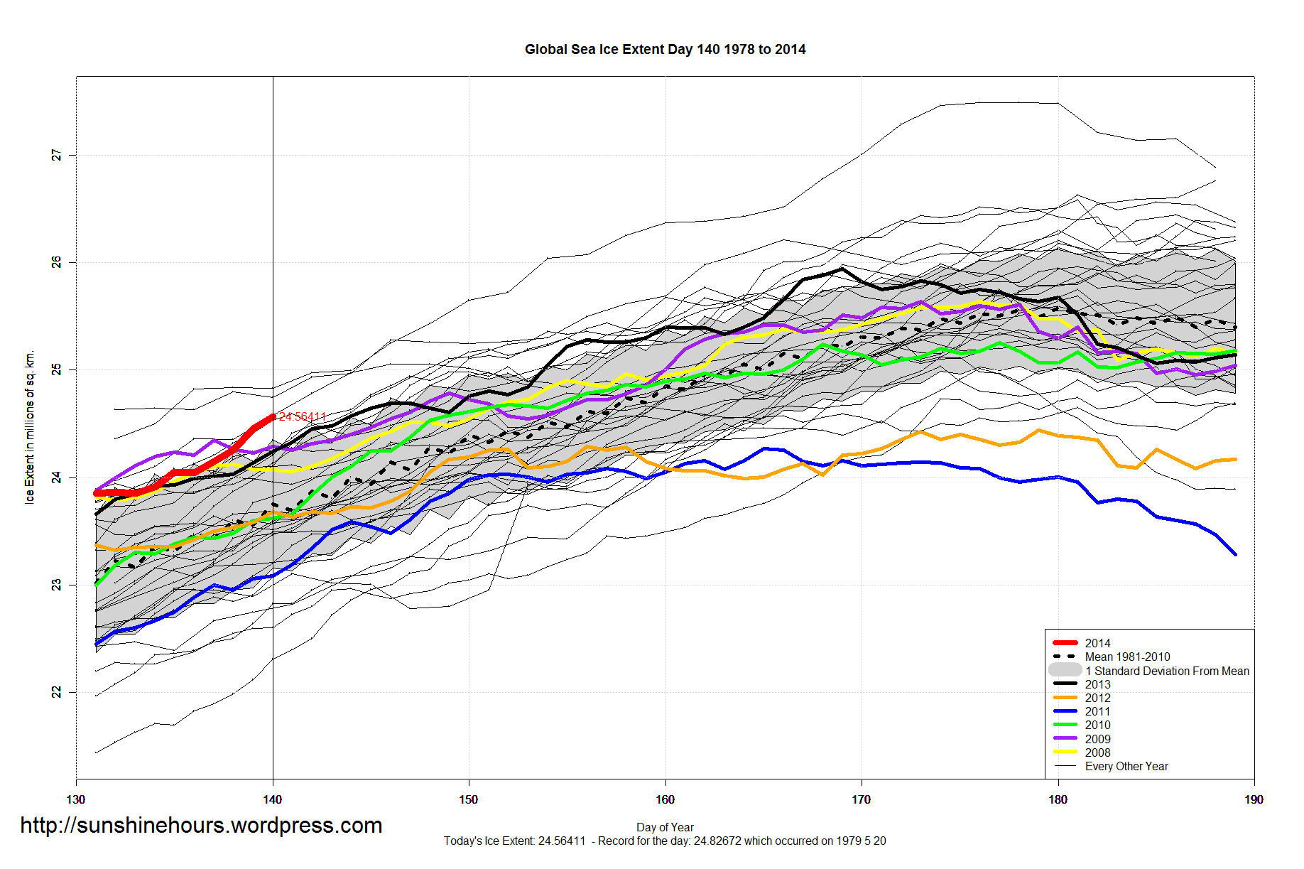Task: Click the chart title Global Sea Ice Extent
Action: point(665,50)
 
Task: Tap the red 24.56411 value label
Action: point(303,416)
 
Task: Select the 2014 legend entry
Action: point(1097,643)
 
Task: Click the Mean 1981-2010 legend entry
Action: point(1127,657)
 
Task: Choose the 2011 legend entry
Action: point(1097,711)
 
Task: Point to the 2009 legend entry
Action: point(1097,739)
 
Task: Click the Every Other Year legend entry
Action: point(1126,766)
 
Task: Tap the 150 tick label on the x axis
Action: point(469,799)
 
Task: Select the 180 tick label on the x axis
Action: point(1058,799)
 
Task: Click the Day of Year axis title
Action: point(665,827)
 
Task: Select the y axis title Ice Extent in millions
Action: point(30,427)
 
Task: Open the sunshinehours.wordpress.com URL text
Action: point(201,825)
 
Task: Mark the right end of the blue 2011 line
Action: point(1236,554)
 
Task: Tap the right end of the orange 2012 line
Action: point(1236,459)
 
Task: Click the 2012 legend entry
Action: point(1097,698)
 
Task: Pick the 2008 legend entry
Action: point(1097,752)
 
